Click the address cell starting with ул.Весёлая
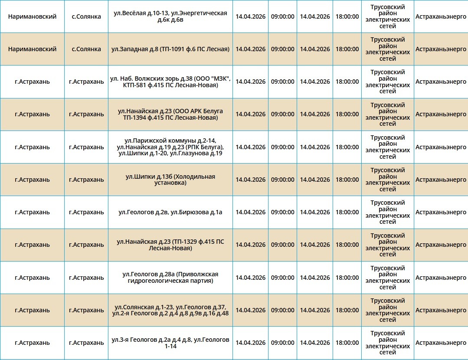(x=170, y=16)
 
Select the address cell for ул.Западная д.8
(x=170, y=49)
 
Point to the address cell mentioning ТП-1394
(x=170, y=115)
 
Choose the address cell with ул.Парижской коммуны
(x=170, y=147)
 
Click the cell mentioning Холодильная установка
(x=170, y=180)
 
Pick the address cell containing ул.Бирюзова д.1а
(x=170, y=212)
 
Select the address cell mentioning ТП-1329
(x=170, y=245)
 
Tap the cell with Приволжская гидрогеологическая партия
(x=170, y=278)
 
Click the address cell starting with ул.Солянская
(x=170, y=310)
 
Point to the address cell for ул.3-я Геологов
(x=170, y=343)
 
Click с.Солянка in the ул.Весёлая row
(x=86, y=16)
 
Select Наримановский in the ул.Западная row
(x=32, y=49)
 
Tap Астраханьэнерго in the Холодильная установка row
(x=441, y=180)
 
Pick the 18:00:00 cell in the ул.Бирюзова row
(x=347, y=212)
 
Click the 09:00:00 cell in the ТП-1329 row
(x=282, y=245)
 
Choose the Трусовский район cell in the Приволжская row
(x=387, y=278)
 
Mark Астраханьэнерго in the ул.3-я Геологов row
(x=441, y=343)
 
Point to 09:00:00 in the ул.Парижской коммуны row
(x=282, y=147)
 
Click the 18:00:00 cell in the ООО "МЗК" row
(x=347, y=82)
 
